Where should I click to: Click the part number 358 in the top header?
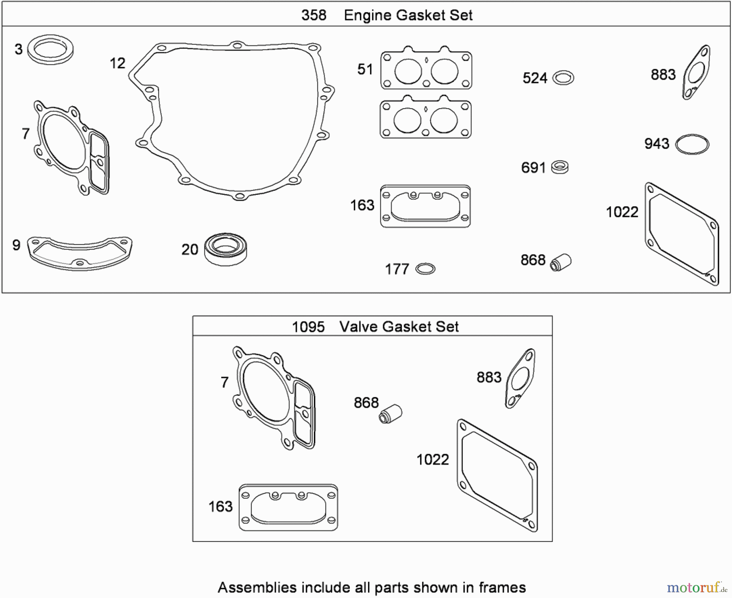314,15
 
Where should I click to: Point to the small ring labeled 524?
564,77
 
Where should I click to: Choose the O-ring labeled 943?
692,144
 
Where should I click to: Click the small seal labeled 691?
560,167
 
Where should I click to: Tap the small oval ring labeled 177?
425,268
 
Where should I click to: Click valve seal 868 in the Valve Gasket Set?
390,414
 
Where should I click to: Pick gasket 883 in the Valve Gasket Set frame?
520,379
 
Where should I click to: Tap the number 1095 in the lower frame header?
308,327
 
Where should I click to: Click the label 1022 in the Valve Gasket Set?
433,460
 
